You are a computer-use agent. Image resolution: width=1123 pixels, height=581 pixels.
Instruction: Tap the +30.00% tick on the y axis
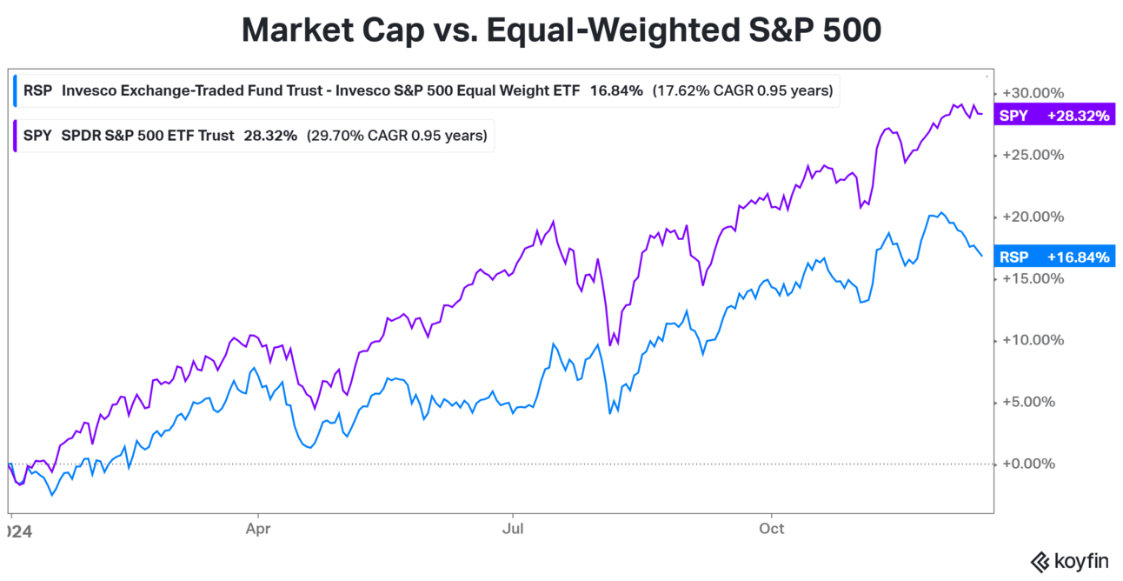click(x=1033, y=92)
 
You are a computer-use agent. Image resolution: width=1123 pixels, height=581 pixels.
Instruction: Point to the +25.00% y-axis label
click(x=1033, y=155)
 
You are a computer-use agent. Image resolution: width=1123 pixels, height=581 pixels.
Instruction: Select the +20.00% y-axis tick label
click(x=1033, y=217)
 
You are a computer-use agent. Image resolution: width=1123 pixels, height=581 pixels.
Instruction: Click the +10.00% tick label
click(x=1033, y=340)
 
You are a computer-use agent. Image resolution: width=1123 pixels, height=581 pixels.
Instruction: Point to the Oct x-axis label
click(x=771, y=528)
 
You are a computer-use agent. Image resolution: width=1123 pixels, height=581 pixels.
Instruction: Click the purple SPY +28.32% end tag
click(x=1054, y=116)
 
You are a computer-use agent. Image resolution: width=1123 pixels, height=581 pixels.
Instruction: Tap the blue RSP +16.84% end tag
click(x=1054, y=257)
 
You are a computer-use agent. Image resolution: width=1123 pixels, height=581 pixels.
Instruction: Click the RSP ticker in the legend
click(x=37, y=90)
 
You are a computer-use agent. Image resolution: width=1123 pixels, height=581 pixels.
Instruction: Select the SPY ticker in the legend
click(x=37, y=135)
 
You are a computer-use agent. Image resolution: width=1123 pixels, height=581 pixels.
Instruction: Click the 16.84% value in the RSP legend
click(x=616, y=90)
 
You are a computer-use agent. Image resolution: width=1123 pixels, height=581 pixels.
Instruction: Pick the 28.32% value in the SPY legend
click(x=270, y=135)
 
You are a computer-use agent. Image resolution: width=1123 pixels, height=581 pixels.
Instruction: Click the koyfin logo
click(x=1068, y=561)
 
